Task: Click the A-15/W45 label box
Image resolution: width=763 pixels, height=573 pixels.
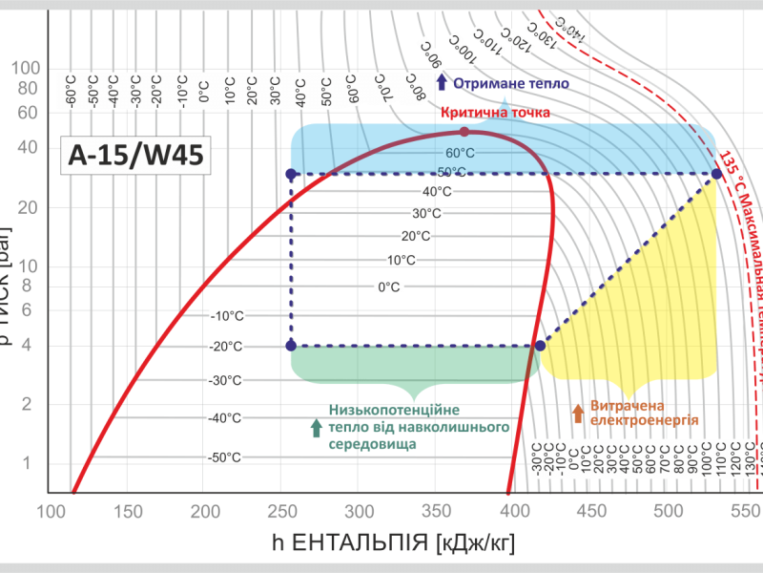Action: (134, 156)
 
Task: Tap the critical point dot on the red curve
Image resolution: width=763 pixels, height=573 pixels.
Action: (464, 132)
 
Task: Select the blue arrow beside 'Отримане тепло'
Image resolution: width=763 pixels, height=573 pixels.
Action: (442, 83)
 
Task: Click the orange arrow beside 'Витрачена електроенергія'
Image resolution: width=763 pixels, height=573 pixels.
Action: (577, 413)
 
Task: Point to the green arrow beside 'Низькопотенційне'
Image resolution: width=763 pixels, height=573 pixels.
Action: (317, 428)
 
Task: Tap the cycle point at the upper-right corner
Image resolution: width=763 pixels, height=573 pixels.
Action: (716, 174)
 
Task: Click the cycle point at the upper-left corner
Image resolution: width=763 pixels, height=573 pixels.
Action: (291, 174)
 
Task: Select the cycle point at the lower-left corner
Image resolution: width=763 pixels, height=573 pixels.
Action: (291, 346)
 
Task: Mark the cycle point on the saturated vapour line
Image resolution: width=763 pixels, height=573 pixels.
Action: (540, 346)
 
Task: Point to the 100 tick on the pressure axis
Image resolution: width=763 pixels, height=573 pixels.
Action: (27, 68)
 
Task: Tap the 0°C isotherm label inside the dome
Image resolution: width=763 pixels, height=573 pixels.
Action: (388, 286)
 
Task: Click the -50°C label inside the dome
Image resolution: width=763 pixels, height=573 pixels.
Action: (226, 457)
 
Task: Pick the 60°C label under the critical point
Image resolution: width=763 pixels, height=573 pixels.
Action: (460, 153)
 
